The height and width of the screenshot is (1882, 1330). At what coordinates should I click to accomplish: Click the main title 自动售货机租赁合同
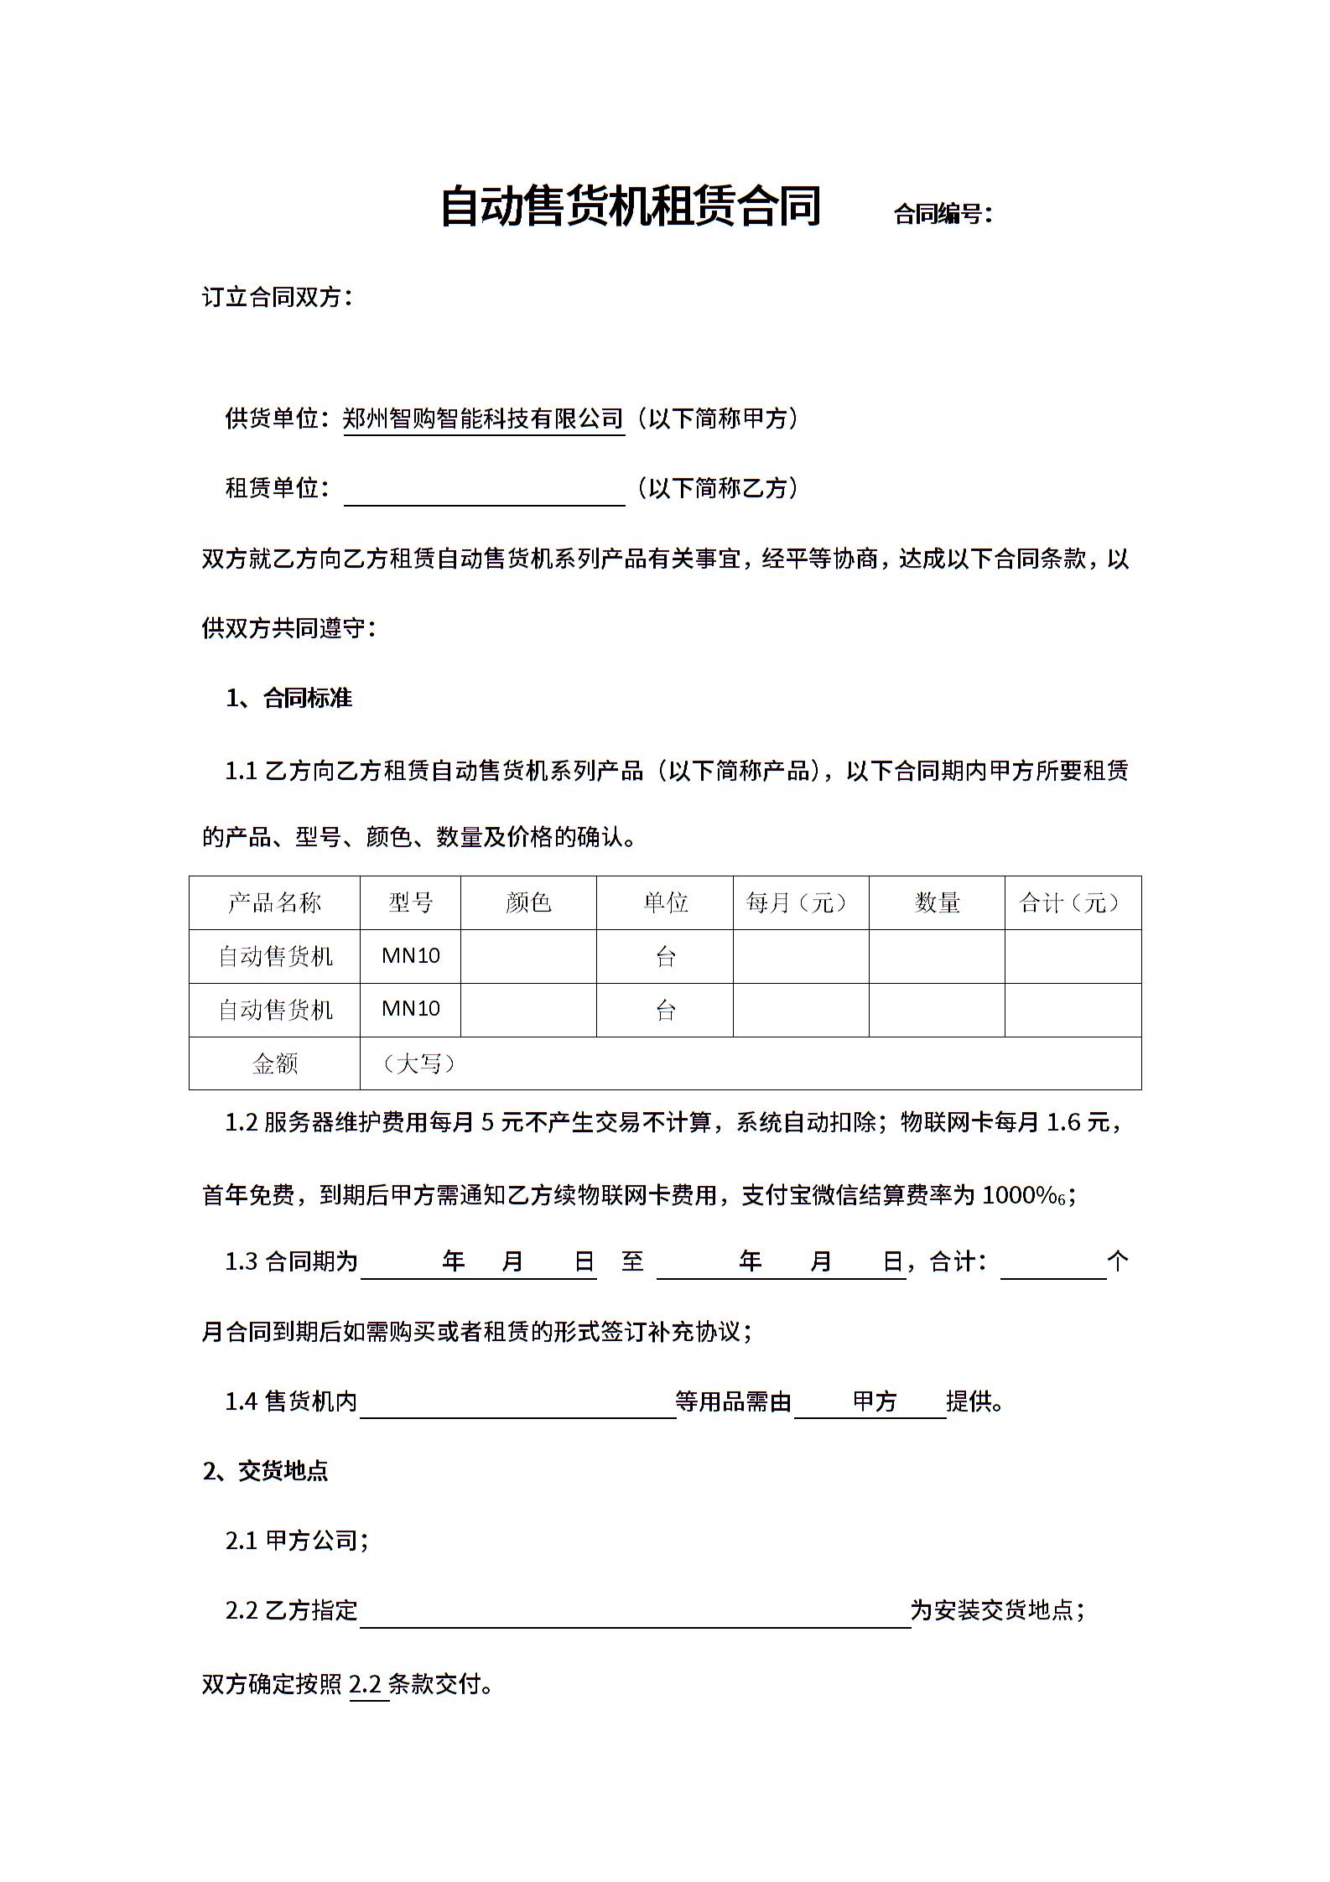pos(630,206)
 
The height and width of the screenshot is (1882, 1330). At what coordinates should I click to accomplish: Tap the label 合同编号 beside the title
pos(942,215)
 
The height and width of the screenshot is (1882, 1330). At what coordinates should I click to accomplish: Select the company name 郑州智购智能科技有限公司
pos(483,419)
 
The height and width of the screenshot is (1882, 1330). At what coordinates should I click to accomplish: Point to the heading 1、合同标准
pos(288,699)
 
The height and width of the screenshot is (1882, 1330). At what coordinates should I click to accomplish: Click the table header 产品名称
pos(274,902)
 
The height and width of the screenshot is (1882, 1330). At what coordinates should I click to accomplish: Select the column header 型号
pos(410,902)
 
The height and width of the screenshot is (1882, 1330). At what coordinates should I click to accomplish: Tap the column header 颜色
pos(528,902)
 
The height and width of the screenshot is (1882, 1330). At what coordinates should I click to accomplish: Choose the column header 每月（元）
pos(800,902)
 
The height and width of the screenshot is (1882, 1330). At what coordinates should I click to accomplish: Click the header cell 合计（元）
pos(1073,902)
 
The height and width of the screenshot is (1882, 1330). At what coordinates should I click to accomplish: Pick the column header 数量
pos(937,902)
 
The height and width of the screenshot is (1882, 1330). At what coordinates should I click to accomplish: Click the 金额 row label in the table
pos(274,1063)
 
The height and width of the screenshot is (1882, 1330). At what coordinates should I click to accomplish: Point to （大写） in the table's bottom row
pos(418,1063)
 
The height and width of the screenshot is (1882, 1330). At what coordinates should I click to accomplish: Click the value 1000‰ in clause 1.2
pos(1022,1195)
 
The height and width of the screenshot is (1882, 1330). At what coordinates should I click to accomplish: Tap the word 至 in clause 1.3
pos(632,1261)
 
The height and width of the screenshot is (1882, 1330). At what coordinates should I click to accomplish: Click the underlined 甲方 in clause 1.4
pos(875,1401)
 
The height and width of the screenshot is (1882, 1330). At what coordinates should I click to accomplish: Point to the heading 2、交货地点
pos(265,1471)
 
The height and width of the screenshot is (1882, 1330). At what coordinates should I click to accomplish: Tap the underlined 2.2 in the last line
pos(366,1684)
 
